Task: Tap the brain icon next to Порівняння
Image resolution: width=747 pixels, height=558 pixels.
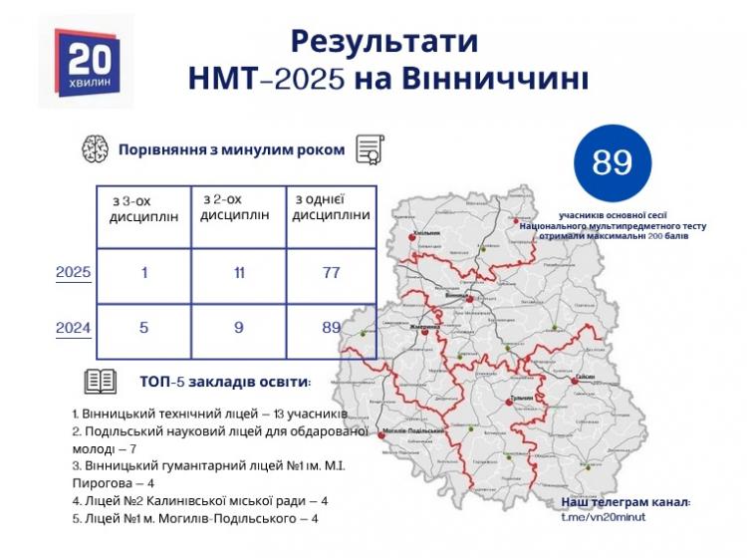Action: [95, 149]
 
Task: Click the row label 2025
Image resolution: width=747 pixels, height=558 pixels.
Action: [73, 272]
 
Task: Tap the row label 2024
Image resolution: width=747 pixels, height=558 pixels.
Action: [73, 325]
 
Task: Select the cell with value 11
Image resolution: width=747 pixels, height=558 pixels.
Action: [236, 272]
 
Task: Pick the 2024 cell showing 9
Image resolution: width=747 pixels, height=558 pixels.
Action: [236, 325]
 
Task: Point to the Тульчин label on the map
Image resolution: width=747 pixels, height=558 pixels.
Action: [522, 399]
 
